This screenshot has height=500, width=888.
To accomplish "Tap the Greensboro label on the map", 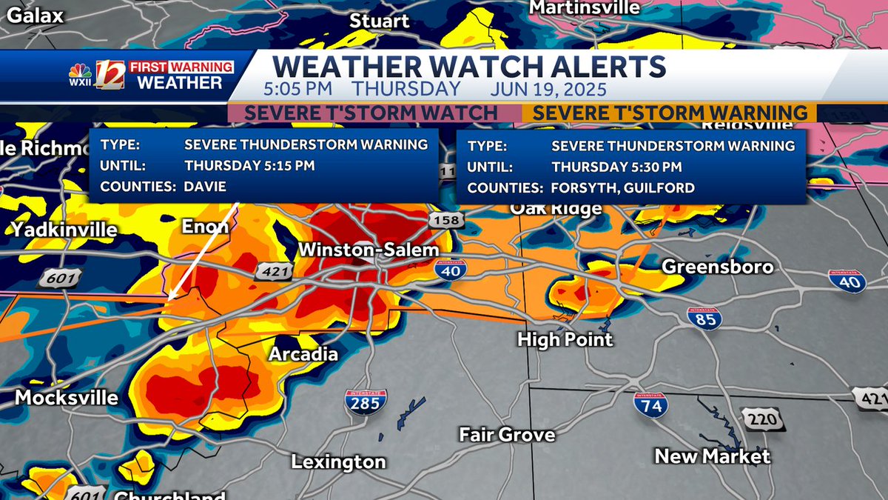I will pyautogui.click(x=717, y=267).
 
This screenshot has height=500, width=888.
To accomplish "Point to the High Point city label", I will pyautogui.click(x=565, y=339).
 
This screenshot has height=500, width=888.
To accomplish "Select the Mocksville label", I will pyautogui.click(x=67, y=398).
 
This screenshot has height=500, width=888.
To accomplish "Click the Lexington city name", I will pyautogui.click(x=338, y=462).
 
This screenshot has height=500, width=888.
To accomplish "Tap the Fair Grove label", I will pyautogui.click(x=507, y=435).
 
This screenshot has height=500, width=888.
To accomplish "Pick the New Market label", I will pyautogui.click(x=712, y=456).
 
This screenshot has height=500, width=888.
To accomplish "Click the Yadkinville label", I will pyautogui.click(x=64, y=230).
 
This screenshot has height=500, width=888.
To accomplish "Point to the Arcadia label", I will pyautogui.click(x=303, y=354).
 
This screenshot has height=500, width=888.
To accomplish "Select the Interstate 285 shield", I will pyautogui.click(x=366, y=401).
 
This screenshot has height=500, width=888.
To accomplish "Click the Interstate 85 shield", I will pyautogui.click(x=704, y=318).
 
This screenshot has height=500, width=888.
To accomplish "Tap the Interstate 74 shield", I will pyautogui.click(x=650, y=404).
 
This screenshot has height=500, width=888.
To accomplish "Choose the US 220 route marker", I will pyautogui.click(x=762, y=420).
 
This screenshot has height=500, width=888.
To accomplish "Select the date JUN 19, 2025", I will pyautogui.click(x=548, y=90).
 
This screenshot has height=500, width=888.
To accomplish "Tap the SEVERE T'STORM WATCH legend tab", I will pyautogui.click(x=371, y=113).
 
